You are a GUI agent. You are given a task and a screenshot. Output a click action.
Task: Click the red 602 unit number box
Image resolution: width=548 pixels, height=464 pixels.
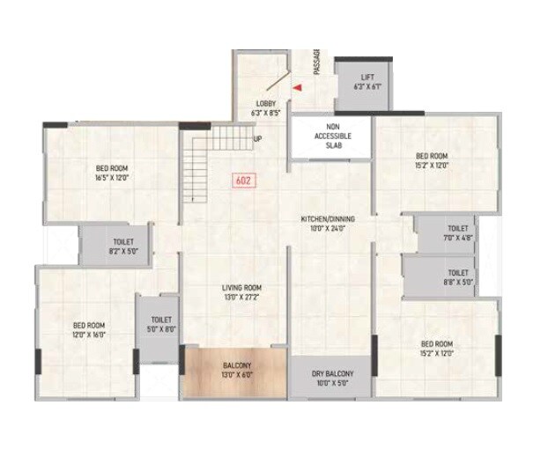click(244, 180)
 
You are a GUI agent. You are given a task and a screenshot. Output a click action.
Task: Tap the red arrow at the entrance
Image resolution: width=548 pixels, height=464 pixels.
click(298, 87)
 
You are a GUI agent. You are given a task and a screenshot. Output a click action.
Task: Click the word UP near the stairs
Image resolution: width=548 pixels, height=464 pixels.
click(257, 139)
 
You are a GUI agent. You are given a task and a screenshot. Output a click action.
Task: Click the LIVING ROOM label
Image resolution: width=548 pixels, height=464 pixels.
click(241, 288)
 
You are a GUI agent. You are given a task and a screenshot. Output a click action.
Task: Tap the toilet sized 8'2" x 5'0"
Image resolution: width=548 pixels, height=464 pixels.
click(122, 246)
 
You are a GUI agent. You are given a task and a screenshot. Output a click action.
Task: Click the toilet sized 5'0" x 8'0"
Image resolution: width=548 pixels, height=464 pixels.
click(160, 325)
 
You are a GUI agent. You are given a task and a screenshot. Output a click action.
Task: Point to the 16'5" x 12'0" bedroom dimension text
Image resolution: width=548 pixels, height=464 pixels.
click(113, 177)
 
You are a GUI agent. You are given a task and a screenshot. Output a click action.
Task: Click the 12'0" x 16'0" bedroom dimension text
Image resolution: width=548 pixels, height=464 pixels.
click(89, 333)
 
